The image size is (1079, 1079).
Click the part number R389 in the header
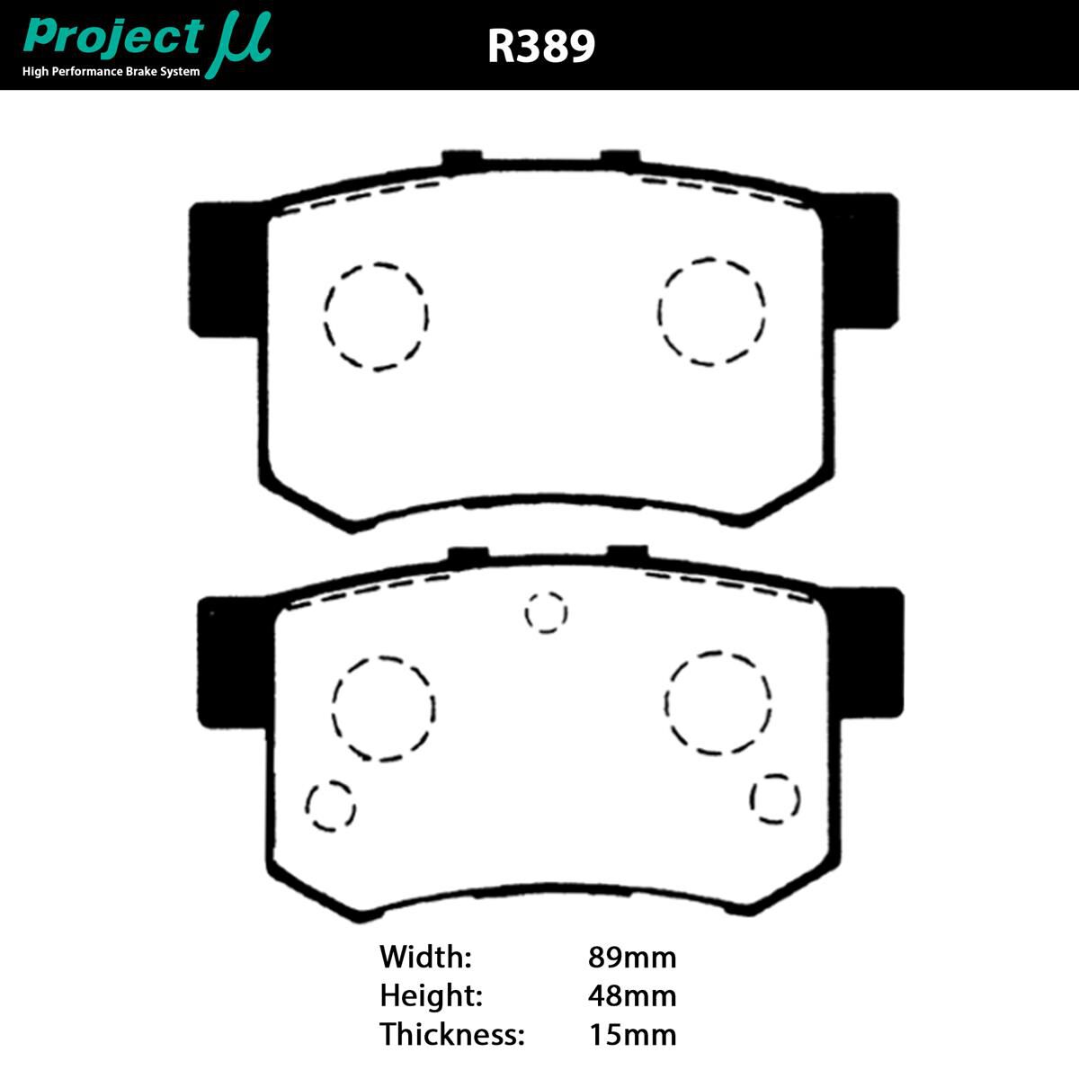[541, 46]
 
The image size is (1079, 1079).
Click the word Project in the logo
[113, 37]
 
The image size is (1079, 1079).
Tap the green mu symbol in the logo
[238, 45]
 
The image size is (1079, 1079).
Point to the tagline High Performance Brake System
[111, 72]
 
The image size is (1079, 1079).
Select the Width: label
[425, 956]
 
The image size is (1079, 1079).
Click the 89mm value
[631, 956]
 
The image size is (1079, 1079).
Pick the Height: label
[431, 995]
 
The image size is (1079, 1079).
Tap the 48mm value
[631, 995]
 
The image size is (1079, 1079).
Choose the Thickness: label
[451, 1034]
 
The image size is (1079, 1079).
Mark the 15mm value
[631, 1034]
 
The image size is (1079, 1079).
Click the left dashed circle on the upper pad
[376, 316]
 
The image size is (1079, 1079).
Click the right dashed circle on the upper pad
[711, 311]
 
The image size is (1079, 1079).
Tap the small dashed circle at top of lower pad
[546, 612]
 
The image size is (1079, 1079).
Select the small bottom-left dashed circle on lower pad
[330, 805]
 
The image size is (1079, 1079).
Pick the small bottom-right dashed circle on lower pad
[775, 798]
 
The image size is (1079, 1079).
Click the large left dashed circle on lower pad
[383, 708]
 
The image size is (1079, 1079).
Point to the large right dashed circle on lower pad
[718, 702]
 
